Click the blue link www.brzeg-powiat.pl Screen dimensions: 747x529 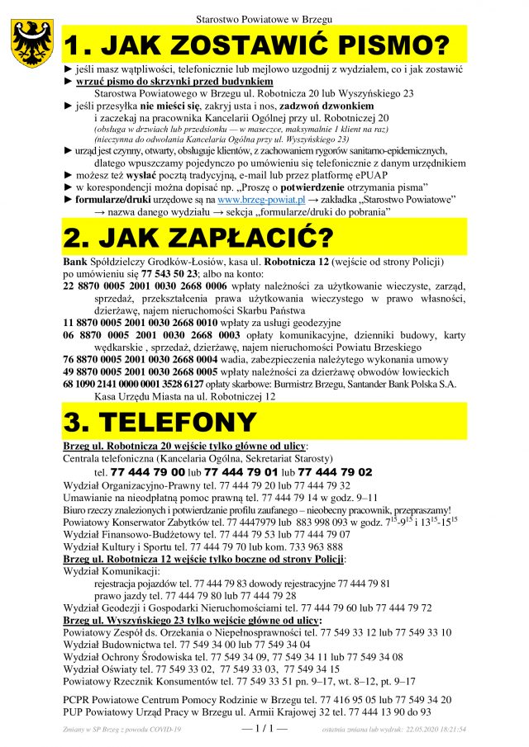tap(260, 200)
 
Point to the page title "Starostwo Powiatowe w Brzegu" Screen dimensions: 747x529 tap(264, 18)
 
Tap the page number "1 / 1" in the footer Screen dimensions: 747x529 tap(264, 730)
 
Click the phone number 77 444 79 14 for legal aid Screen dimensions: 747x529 tap(294, 497)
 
